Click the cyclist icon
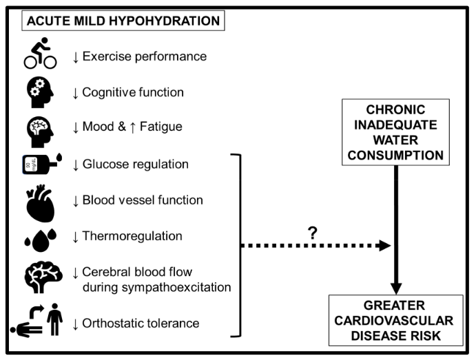pyautogui.click(x=39, y=56)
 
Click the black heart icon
pyautogui.click(x=40, y=201)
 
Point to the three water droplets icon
pyautogui.click(x=39, y=237)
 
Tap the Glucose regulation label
pyautogui.click(x=135, y=165)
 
